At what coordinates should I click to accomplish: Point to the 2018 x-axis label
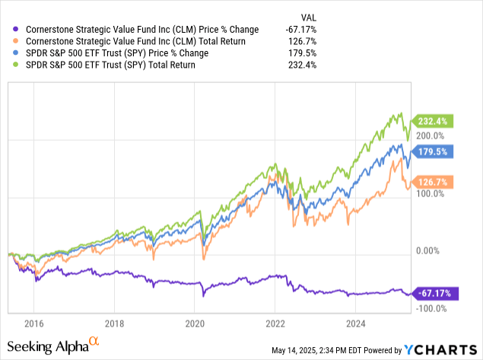(115, 323)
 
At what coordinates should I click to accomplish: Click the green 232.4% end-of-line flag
(433, 121)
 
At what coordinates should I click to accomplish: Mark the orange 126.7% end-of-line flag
(433, 182)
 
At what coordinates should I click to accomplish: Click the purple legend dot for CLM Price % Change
(17, 30)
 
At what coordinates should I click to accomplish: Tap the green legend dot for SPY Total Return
(17, 66)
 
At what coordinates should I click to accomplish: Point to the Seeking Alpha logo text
(55, 348)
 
